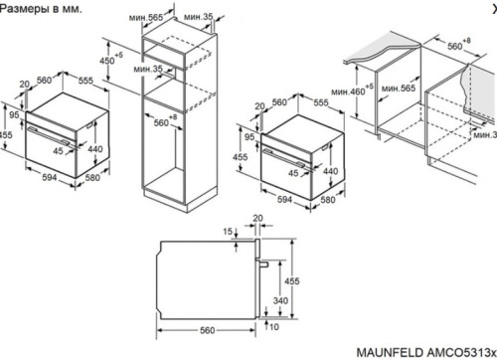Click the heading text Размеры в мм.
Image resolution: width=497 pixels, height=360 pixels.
click(x=41, y=9)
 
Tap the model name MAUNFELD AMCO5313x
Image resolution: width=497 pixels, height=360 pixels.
click(x=426, y=352)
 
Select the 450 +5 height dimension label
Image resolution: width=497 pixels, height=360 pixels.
click(x=111, y=60)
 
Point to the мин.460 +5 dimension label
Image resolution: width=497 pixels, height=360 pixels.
click(x=352, y=90)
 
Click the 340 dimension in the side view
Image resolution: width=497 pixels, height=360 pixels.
click(x=280, y=300)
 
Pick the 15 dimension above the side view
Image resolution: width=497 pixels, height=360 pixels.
click(x=228, y=232)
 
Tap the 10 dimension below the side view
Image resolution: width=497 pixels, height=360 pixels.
click(x=273, y=327)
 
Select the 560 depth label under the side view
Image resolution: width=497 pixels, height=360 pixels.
click(x=208, y=330)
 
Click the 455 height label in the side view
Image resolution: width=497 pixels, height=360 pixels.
click(x=292, y=281)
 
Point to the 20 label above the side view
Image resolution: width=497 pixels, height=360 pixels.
click(x=257, y=218)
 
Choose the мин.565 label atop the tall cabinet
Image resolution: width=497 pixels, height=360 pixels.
click(x=146, y=18)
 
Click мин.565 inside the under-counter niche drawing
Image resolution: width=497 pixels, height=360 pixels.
click(x=399, y=89)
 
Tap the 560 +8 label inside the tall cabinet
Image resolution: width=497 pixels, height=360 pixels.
click(x=165, y=121)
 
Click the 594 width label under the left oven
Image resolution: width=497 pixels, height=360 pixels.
click(x=50, y=177)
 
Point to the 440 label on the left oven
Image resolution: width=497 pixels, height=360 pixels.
click(x=95, y=149)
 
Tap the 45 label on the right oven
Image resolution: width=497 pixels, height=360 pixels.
click(x=293, y=173)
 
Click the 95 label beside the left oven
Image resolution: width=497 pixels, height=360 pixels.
click(x=14, y=115)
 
